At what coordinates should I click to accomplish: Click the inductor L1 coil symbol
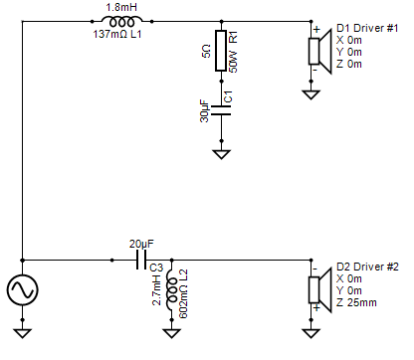[121, 21]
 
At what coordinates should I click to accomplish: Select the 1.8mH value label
[121, 7]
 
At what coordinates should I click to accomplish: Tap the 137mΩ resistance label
[109, 34]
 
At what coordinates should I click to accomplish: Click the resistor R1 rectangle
[221, 51]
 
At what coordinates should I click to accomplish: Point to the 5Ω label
[206, 51]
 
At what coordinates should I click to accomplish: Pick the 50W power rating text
[234, 62]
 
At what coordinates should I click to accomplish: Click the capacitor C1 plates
[221, 110]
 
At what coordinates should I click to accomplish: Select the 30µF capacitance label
[205, 111]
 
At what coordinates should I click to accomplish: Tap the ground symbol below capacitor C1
[221, 154]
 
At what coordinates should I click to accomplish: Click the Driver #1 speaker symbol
[319, 52]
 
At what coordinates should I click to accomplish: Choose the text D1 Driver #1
[367, 28]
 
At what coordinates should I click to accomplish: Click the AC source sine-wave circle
[22, 289]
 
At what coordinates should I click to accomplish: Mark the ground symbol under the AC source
[23, 333]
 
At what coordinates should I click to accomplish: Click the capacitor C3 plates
[141, 260]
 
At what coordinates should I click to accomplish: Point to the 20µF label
[141, 244]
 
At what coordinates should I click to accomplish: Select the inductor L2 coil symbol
[171, 290]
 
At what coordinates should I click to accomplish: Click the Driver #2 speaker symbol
[319, 290]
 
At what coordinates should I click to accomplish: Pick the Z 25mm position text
[356, 302]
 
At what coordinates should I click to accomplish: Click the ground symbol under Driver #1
[311, 94]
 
